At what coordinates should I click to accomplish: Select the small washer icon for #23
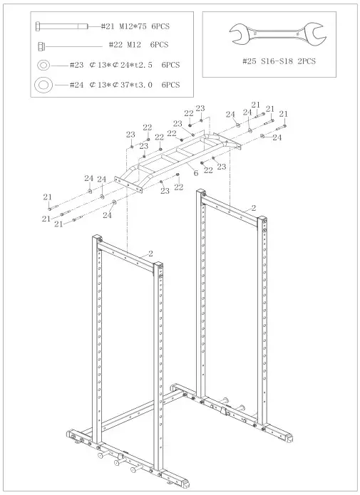tap(43, 65)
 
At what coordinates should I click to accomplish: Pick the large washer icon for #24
tap(43, 85)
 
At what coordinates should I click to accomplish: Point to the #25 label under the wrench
tap(250, 61)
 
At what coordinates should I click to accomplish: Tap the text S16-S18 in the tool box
tap(277, 61)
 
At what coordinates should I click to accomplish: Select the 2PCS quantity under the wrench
tap(307, 61)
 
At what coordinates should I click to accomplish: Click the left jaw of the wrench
tap(235, 31)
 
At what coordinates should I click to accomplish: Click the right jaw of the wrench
tap(314, 31)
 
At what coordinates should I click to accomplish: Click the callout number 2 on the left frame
tap(150, 253)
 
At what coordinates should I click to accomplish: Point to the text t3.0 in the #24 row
tap(141, 85)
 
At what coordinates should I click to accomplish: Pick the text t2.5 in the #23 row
tap(141, 65)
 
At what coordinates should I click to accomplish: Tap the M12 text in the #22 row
tap(133, 45)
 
